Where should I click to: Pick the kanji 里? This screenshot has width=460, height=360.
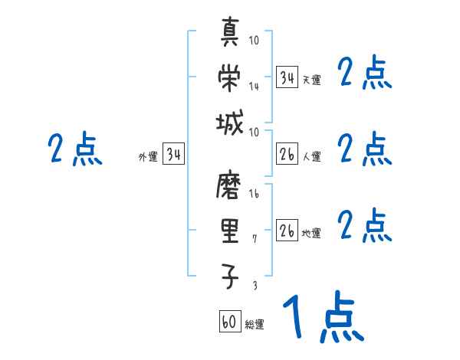(230, 231)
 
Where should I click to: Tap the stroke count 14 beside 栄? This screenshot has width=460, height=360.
(254, 87)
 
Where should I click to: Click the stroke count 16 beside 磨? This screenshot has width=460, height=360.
(255, 195)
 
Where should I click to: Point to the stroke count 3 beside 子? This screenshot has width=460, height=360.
(255, 285)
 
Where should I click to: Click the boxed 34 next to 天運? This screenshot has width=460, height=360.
(287, 78)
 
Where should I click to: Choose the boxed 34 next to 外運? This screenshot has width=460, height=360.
(174, 155)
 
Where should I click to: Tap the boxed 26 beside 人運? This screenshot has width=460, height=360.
(287, 155)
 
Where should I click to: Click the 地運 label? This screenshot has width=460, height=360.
(311, 234)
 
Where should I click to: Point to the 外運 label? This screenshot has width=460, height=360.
(148, 157)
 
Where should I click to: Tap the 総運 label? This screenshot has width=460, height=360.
(255, 325)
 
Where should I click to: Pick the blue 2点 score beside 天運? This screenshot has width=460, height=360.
(365, 74)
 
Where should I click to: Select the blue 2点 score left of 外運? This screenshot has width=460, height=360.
(74, 149)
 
